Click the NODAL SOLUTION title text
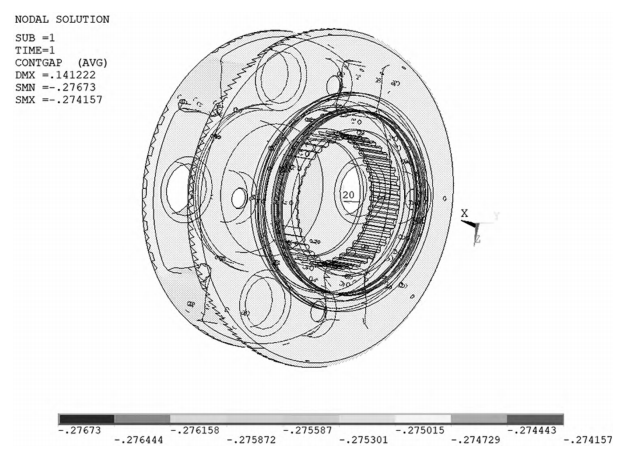(x=62, y=19)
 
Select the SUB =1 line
(x=35, y=38)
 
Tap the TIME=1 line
(x=35, y=50)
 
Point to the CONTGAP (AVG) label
(x=61, y=63)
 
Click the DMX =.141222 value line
(x=55, y=75)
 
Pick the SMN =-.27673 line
(x=55, y=87)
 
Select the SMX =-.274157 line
(x=59, y=100)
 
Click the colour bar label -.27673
(x=79, y=431)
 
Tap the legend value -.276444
(x=139, y=440)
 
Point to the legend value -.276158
(x=195, y=431)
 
